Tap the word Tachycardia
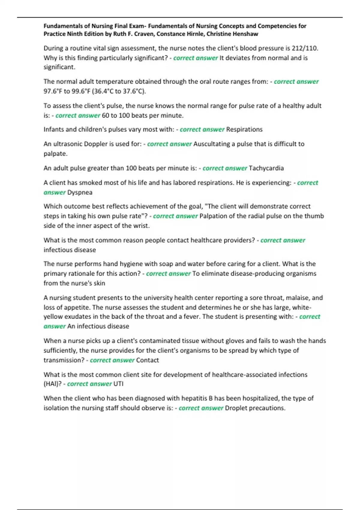coord(266,168)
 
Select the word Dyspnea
coord(80,193)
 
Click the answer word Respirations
coord(244,130)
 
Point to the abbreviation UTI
coord(118,384)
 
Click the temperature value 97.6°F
coord(52,91)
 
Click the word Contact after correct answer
coord(147,360)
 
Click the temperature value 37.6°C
coord(134,91)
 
